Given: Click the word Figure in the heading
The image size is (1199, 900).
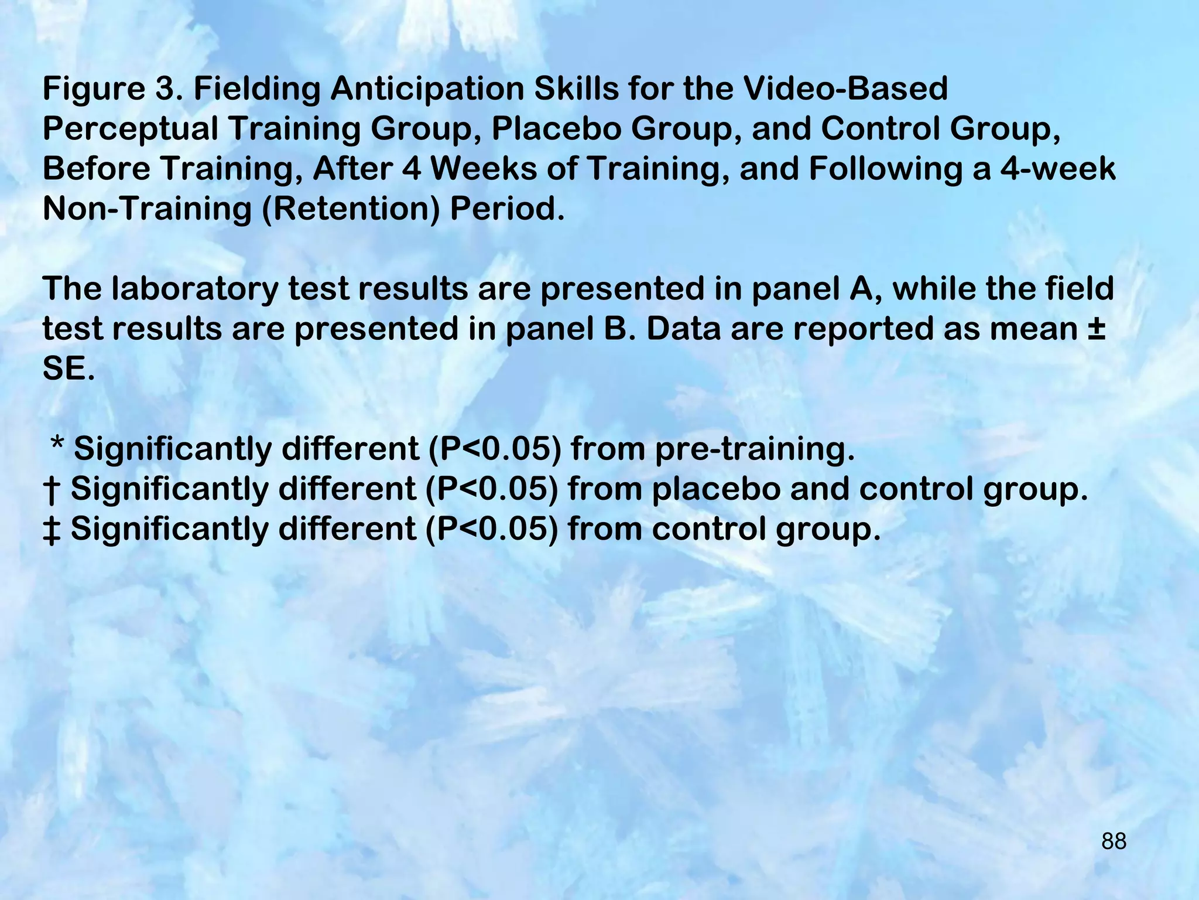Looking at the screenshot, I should click(94, 89).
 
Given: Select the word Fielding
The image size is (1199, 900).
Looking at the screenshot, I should click(257, 89).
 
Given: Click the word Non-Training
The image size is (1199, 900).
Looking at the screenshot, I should click(147, 209).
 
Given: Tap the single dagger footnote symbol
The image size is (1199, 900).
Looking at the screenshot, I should click(52, 490).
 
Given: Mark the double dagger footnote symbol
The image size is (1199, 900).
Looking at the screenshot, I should click(52, 530).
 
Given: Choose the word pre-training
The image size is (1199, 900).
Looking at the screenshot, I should click(755, 449).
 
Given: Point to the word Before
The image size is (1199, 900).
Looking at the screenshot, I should click(96, 169).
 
